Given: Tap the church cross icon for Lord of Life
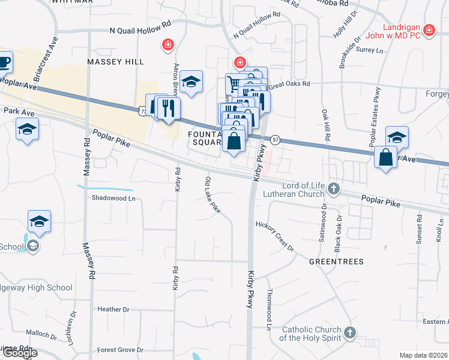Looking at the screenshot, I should pos(334,190).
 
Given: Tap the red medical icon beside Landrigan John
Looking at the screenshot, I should pos(429,29).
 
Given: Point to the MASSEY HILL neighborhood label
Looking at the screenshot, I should pos(115,62).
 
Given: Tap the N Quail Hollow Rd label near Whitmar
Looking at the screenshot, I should pos(140,29).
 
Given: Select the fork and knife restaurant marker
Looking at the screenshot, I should pos(168,108).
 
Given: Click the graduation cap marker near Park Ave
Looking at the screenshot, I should pos(28,129).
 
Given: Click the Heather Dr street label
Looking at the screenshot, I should pos(110,309).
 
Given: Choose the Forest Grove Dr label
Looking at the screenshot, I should pos(121,350).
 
